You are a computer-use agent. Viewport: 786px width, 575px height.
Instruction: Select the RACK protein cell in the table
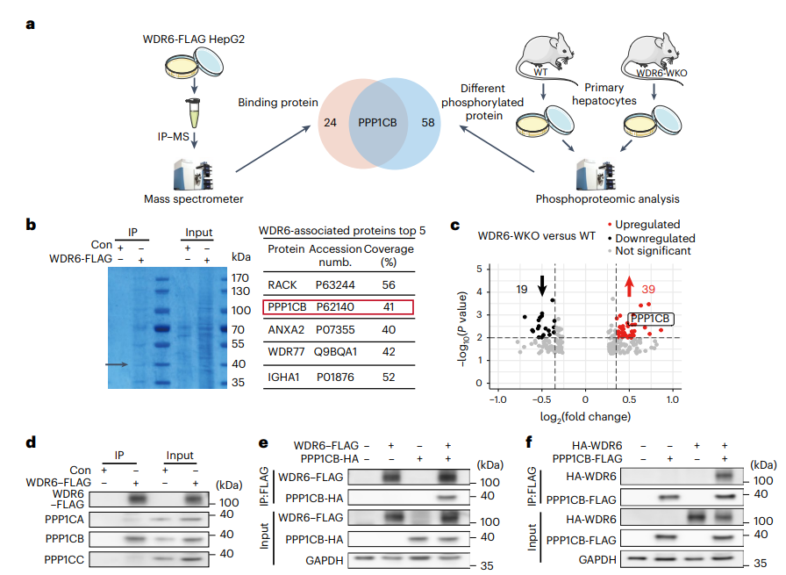tap(282, 284)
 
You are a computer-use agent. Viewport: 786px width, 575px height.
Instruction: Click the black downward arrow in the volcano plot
tap(542, 285)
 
